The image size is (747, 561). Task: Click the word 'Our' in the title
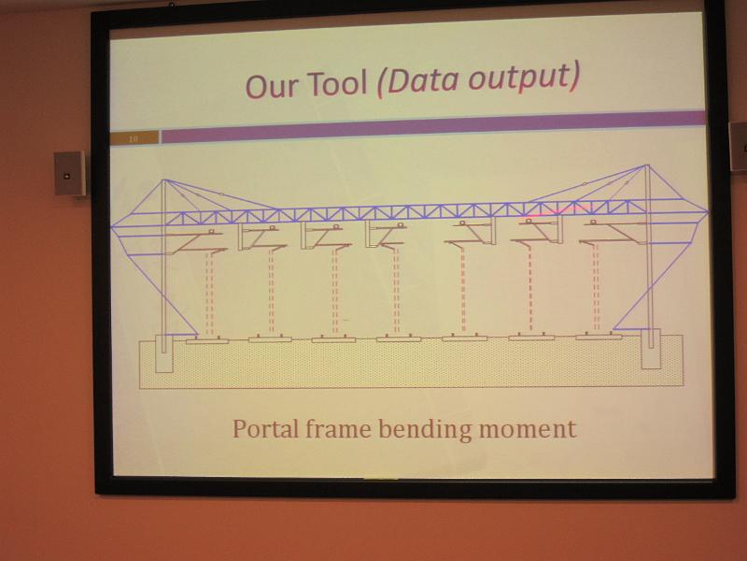tap(272, 86)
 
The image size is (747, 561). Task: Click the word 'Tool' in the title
tap(337, 82)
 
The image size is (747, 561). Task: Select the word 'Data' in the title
tap(417, 79)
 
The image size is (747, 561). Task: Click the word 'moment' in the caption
tap(528, 429)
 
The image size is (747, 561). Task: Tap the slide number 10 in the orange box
tap(133, 138)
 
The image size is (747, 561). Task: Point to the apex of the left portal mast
tap(164, 180)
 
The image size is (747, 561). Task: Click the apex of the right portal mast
tap(647, 165)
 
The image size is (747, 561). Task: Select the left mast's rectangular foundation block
tap(164, 353)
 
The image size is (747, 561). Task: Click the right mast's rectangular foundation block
tap(651, 349)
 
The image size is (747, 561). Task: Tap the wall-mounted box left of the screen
tap(69, 173)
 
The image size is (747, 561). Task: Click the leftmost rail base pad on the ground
tap(207, 340)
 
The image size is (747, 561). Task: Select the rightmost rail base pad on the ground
tap(599, 337)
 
